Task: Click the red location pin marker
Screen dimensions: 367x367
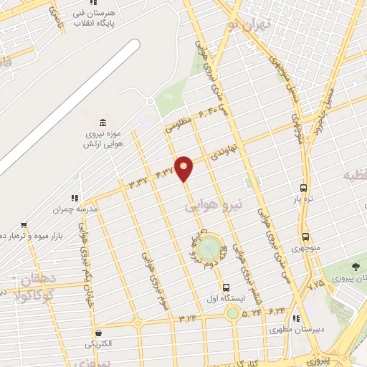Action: (x=183, y=168)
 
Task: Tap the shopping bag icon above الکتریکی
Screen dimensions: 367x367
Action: (x=97, y=332)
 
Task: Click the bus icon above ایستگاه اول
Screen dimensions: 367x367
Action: (x=226, y=286)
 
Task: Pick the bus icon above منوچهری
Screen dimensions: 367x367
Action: (x=305, y=237)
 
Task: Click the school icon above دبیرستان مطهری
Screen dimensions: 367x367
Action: (x=296, y=320)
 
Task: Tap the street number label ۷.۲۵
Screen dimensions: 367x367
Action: (x=316, y=285)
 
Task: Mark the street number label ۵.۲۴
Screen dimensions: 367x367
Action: (x=251, y=312)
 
